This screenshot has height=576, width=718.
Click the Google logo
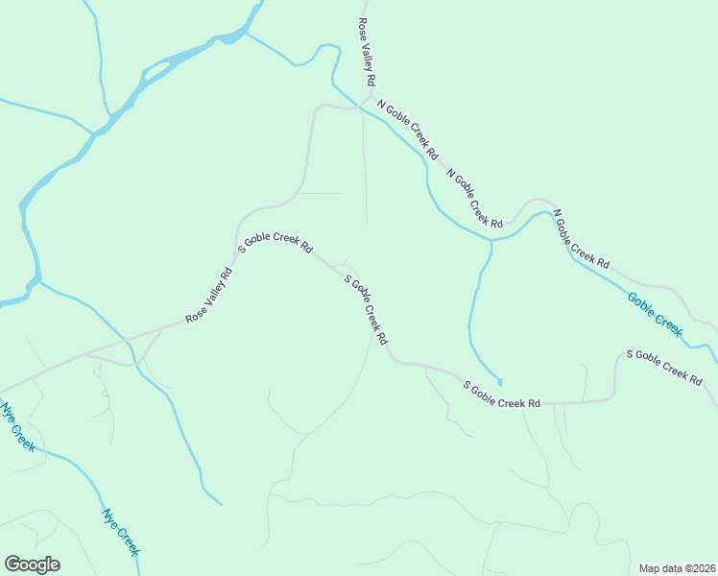pyautogui.click(x=32, y=564)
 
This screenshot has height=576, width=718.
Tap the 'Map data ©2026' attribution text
pyautogui.click(x=677, y=568)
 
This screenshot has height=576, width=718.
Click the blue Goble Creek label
pyautogui.click(x=656, y=314)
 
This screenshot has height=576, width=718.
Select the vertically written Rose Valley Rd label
pyautogui.click(x=367, y=51)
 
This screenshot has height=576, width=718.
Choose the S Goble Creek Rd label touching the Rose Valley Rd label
pyautogui.click(x=275, y=243)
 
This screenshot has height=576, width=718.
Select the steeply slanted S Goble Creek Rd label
pyautogui.click(x=366, y=310)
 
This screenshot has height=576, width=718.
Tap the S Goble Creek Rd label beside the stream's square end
pyautogui.click(x=502, y=395)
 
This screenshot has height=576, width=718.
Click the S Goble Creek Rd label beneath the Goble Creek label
pyautogui.click(x=663, y=368)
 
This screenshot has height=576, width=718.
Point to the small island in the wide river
pyautogui.click(x=158, y=69)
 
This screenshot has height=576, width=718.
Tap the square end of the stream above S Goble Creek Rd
pyautogui.click(x=499, y=381)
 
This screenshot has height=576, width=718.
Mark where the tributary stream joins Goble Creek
pyautogui.click(x=491, y=239)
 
